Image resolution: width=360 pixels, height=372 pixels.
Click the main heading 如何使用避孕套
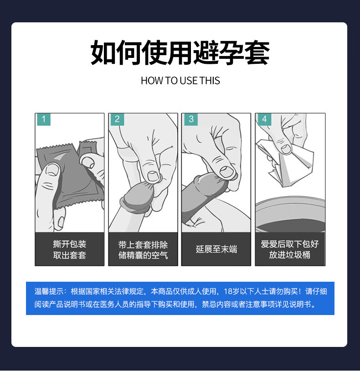click(180, 53)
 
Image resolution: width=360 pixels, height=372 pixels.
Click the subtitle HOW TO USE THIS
click(180, 81)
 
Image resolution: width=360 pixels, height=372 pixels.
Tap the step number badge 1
click(44, 119)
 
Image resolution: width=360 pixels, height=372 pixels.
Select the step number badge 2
click(117, 119)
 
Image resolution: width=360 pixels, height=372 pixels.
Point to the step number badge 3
click(191, 119)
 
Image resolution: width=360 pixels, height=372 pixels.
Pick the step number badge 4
click(264, 119)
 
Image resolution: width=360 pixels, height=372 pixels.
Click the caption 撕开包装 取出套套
click(69, 249)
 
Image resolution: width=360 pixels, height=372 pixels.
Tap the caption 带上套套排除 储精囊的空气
click(143, 250)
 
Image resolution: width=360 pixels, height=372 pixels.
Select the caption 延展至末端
click(216, 249)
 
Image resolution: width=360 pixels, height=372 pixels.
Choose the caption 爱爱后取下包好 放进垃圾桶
click(289, 249)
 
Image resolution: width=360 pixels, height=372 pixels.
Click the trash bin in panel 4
click(290, 214)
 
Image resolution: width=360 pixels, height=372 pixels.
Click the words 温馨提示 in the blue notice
click(49, 291)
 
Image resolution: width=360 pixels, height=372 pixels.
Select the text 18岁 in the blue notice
click(231, 291)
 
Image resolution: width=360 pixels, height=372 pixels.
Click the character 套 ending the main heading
click(257, 53)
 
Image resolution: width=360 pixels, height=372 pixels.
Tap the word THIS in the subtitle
click(210, 81)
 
